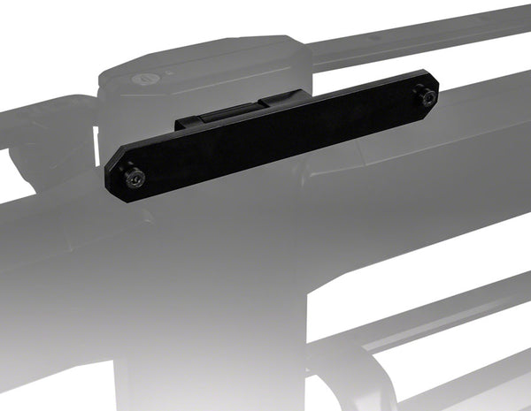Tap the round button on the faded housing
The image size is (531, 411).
(142, 77)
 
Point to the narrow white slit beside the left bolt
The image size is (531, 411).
(96, 141)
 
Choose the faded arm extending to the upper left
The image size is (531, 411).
(44, 124)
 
